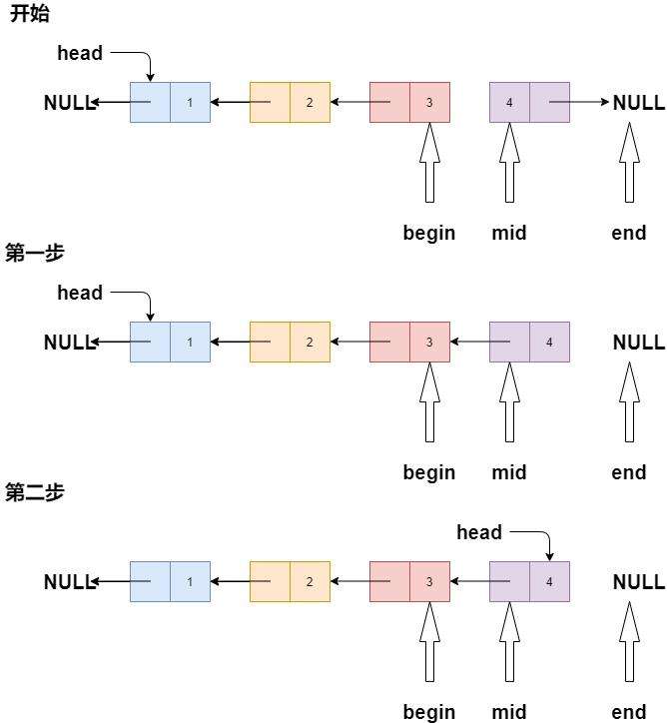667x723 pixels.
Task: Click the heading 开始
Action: [x=29, y=15]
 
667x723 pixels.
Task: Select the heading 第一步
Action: [x=35, y=253]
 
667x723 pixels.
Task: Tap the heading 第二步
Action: [x=35, y=492]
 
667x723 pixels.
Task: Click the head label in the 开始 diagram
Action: [x=80, y=53]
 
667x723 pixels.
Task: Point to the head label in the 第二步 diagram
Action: [x=479, y=532]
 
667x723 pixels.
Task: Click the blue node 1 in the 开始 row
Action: [x=170, y=102]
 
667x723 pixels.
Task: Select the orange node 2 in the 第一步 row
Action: [x=290, y=342]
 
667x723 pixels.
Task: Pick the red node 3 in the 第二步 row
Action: [x=409, y=581]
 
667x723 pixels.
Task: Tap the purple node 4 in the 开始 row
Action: [x=529, y=102]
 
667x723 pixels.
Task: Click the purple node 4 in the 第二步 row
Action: [x=529, y=581]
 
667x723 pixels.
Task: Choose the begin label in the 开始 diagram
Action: [x=429, y=233]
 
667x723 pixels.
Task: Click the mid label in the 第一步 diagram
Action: [x=509, y=472]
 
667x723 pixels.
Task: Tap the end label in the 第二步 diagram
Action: [x=629, y=712]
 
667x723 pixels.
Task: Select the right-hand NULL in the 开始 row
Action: [x=638, y=102]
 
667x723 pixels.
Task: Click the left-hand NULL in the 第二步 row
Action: [x=68, y=581]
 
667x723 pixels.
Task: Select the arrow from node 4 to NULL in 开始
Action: [x=579, y=102]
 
